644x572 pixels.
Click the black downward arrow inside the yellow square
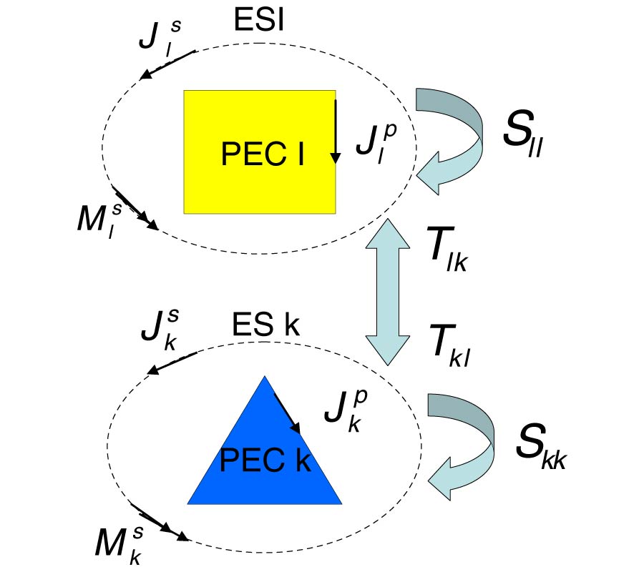pos(334,132)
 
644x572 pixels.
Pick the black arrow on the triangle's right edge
pos(287,413)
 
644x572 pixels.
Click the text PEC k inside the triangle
pos(265,460)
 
